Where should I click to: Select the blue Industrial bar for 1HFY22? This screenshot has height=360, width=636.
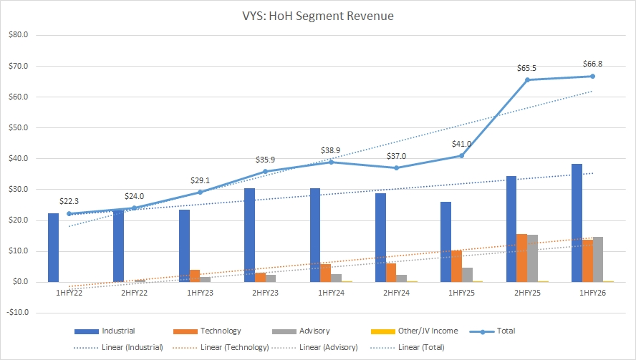tap(54, 248)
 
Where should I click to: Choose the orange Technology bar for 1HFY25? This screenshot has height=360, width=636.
tap(457, 266)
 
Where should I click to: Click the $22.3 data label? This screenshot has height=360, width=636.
tap(69, 201)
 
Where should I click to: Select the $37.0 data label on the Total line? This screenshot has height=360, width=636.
tap(396, 155)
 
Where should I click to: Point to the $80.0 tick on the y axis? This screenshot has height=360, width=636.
tap(16, 35)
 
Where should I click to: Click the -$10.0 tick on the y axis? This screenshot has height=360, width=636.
tap(16, 313)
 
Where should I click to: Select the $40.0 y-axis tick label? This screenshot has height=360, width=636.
tap(16, 158)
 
